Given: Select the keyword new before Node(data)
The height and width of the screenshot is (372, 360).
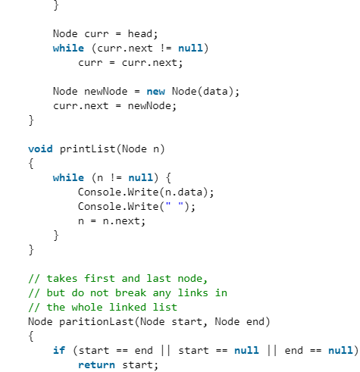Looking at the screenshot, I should [x=155, y=92].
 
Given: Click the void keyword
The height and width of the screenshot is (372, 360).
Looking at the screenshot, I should [x=40, y=148].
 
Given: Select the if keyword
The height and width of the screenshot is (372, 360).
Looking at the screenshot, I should [x=58, y=351].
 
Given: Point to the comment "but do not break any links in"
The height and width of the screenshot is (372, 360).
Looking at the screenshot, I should [x=127, y=293].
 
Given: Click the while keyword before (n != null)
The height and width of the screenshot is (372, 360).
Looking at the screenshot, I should [x=68, y=177].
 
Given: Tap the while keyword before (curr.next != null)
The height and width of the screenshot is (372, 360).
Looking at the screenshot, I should [x=68, y=48].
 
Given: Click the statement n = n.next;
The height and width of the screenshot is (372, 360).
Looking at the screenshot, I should [x=111, y=220].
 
